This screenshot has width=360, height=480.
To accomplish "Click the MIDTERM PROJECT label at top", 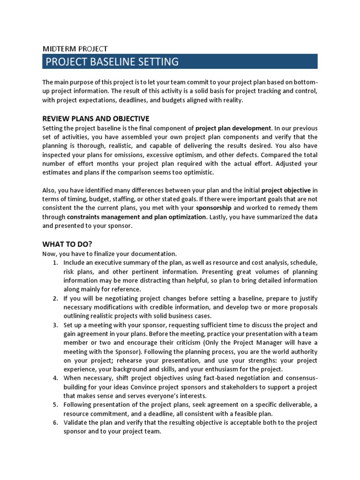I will click(x=75, y=48).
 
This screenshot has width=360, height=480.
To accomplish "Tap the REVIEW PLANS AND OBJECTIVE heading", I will click(x=96, y=118).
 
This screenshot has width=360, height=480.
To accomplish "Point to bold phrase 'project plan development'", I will click(x=233, y=128).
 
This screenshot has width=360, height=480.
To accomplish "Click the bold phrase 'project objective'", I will click(x=286, y=190).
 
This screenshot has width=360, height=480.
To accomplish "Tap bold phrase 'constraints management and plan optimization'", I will click(x=136, y=217).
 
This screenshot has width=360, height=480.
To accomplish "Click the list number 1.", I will click(x=55, y=262).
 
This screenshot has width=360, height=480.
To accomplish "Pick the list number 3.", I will click(x=55, y=325).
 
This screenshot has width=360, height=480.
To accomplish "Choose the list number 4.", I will click(x=55, y=378).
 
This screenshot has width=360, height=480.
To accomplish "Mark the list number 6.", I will click(x=55, y=422).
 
